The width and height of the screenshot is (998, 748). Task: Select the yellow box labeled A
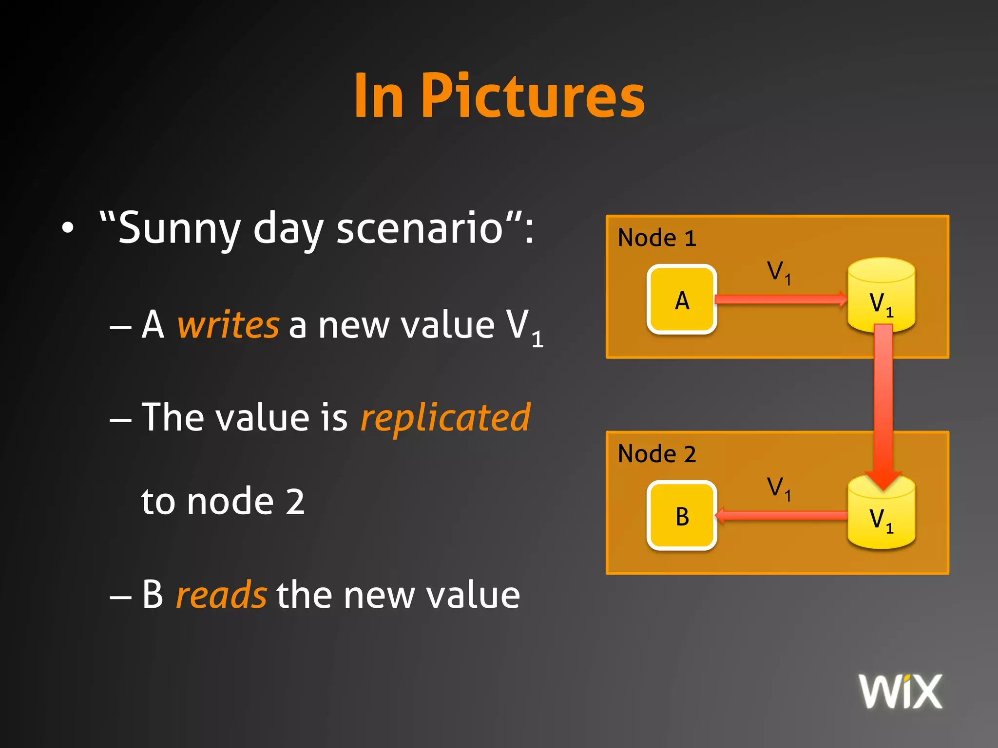click(682, 299)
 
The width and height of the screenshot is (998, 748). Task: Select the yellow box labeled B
click(682, 516)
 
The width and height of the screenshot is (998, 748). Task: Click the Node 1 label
click(657, 238)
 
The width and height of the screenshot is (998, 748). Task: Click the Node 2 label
click(657, 454)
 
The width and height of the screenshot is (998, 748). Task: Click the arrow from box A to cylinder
click(780, 299)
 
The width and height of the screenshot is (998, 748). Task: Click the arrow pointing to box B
click(780, 515)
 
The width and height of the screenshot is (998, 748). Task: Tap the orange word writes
click(228, 325)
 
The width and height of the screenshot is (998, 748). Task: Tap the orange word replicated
click(445, 417)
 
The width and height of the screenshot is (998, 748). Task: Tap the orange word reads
click(221, 595)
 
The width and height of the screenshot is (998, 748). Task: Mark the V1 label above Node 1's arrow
click(779, 272)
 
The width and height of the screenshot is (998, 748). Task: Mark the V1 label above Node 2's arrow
click(779, 488)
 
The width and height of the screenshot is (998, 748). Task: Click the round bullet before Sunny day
click(68, 228)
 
